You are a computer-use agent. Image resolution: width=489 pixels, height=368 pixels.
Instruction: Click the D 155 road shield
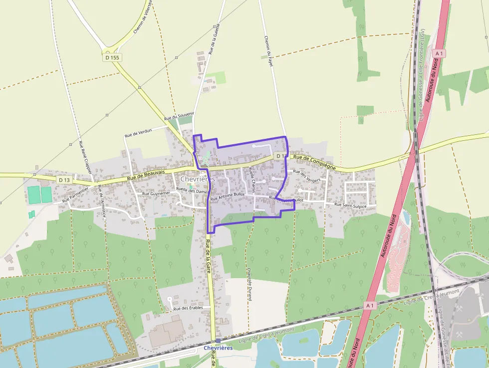(113, 57)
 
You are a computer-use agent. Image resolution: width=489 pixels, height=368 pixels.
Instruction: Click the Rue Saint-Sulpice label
(350, 205)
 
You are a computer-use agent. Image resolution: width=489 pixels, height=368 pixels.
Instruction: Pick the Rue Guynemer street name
(156, 193)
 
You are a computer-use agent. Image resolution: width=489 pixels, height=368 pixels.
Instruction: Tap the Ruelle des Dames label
(192, 190)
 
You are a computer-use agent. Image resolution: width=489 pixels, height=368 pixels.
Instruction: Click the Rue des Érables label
(188, 308)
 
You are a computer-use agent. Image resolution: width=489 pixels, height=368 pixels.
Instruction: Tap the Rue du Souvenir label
(179, 116)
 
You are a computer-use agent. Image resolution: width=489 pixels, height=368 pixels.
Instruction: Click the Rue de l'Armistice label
(102, 200)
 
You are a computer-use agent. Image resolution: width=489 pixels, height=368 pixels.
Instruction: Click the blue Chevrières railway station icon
(218, 341)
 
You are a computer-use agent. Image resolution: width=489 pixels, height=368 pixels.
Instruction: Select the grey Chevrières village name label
(197, 179)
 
